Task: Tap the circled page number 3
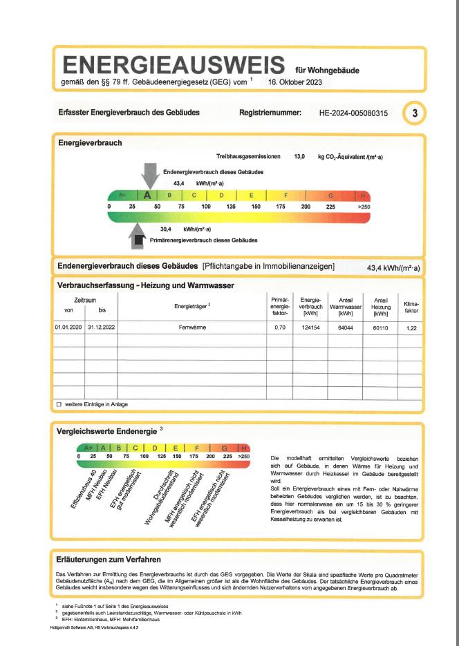(414, 112)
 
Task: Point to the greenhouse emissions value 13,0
(299, 158)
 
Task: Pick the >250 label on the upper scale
(364, 207)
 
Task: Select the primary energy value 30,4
(166, 229)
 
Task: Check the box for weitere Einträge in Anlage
(59, 404)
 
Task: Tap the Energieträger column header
(191, 305)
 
